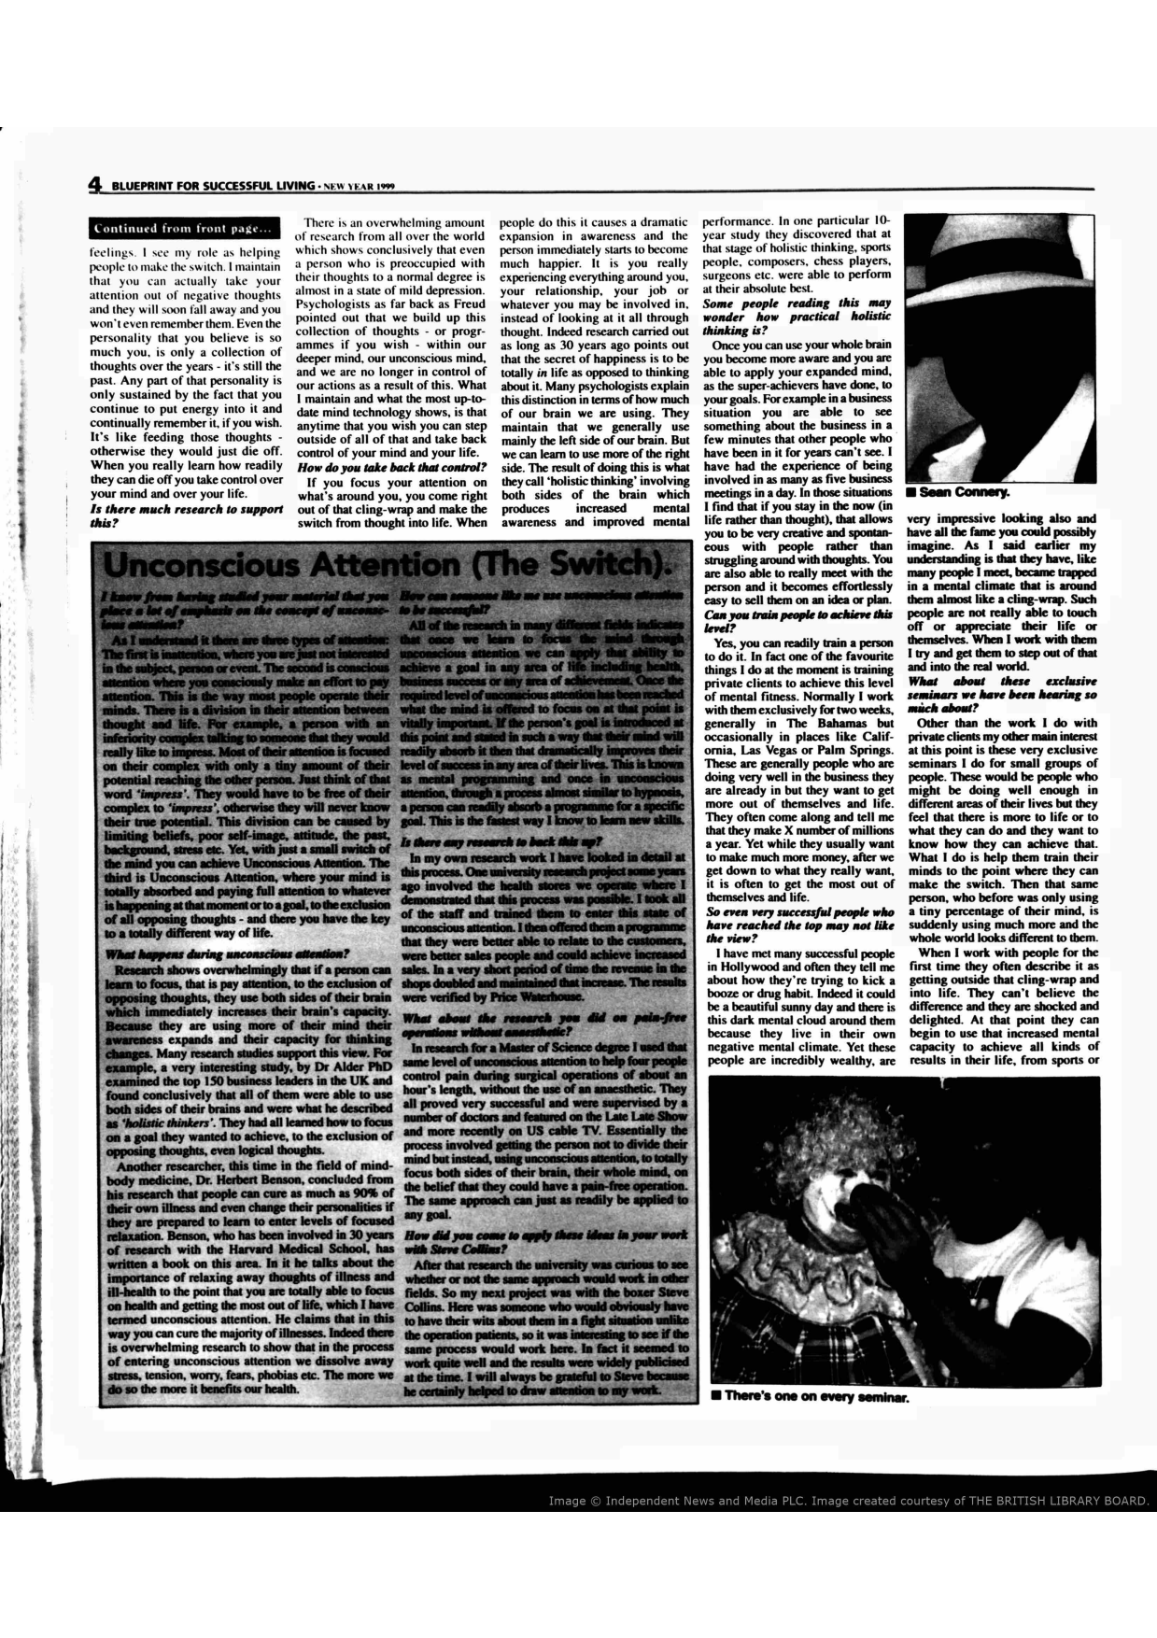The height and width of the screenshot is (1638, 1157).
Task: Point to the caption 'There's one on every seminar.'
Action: (x=808, y=1398)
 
